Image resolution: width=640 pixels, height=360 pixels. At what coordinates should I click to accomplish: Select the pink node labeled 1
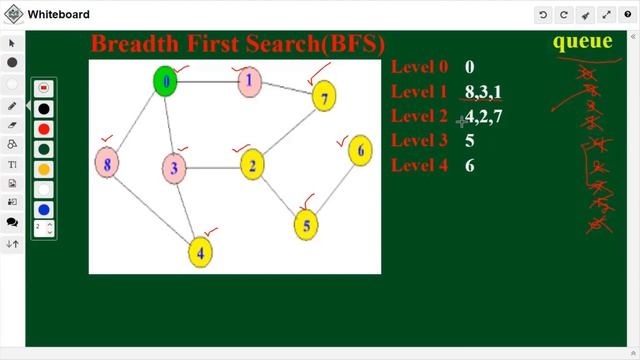point(250,82)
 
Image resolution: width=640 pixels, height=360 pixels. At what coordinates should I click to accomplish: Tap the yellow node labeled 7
point(323,96)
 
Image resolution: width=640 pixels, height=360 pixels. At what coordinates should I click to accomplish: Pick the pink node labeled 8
point(107,162)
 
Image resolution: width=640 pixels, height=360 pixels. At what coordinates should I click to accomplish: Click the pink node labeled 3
point(174,168)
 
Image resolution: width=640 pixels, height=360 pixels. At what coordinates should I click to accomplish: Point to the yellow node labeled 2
point(253,166)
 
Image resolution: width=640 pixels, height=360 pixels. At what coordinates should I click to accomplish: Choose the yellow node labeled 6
point(360,151)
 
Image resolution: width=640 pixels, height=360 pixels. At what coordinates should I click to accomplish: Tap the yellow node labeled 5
point(307,225)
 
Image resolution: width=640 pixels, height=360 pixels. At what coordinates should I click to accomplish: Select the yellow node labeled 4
point(201,252)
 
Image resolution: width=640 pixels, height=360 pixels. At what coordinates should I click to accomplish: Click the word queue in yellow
point(582,41)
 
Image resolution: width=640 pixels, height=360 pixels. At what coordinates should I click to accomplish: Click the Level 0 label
point(419,67)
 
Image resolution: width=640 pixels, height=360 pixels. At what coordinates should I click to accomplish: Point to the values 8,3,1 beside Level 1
point(483,92)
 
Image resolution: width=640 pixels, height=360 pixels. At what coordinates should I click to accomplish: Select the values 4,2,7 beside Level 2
point(483,116)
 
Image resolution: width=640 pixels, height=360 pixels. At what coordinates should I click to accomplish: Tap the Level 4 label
point(419,165)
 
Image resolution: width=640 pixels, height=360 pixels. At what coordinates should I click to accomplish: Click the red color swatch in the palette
point(44,129)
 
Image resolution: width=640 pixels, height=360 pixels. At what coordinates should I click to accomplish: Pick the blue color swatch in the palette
point(44,210)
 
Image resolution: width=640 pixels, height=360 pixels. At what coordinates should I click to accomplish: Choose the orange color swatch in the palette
point(44,169)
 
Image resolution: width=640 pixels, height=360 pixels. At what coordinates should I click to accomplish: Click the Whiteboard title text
point(58,14)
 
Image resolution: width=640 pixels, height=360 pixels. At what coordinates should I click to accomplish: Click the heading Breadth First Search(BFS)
point(237,44)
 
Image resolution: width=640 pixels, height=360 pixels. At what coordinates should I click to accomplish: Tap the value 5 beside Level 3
point(470,141)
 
